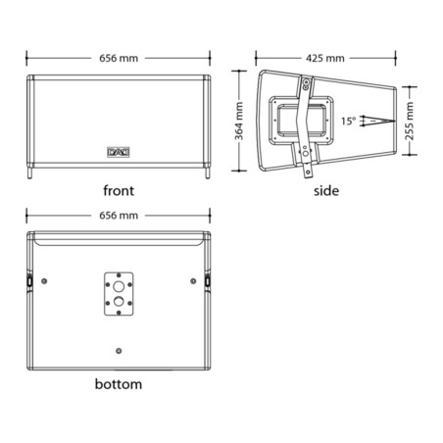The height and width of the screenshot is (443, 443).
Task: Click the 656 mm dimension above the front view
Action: click(119, 58)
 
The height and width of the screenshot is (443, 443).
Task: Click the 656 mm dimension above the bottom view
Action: click(119, 216)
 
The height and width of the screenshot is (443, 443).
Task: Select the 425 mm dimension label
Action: click(325, 58)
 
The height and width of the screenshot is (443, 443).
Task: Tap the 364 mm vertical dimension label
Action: click(239, 121)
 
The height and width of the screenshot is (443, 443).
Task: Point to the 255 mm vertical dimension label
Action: click(409, 121)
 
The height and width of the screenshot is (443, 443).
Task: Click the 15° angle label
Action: click(348, 121)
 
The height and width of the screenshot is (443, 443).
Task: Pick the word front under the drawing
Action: click(119, 190)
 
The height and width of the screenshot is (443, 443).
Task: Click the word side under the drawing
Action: click(326, 191)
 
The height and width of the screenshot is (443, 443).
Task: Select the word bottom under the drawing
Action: click(119, 384)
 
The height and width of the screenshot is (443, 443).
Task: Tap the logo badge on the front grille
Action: click(119, 152)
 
